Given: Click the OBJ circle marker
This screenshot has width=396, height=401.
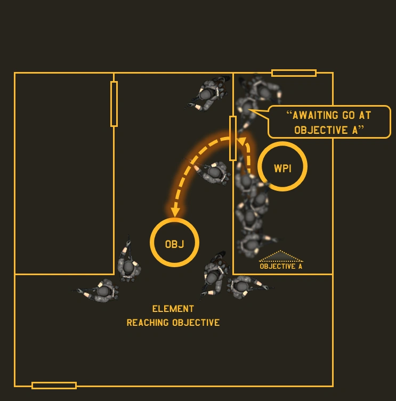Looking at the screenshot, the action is (x=174, y=243).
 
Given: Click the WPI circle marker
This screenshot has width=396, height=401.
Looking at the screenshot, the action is (x=282, y=166).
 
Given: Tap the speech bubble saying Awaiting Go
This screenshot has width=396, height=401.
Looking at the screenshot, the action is (x=329, y=122).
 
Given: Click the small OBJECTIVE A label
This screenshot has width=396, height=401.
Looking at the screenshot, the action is (x=281, y=266).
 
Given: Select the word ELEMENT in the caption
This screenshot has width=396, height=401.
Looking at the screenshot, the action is (x=173, y=309).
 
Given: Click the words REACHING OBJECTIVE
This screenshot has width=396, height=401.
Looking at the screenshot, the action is (x=173, y=323).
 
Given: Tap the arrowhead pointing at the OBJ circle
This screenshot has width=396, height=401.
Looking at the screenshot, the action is (x=174, y=212).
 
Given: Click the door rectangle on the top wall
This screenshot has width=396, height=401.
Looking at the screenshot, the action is (x=294, y=73).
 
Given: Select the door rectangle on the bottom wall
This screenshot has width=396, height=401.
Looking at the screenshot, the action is (x=54, y=385).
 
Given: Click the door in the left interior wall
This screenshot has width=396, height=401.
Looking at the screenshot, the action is (x=114, y=104).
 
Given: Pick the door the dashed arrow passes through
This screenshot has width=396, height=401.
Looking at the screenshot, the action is (x=233, y=138).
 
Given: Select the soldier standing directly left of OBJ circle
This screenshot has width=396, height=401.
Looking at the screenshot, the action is (x=128, y=264).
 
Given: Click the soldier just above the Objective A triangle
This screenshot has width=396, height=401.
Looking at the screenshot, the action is (x=250, y=243).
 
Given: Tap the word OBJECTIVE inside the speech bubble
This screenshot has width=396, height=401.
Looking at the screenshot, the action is (x=318, y=130).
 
